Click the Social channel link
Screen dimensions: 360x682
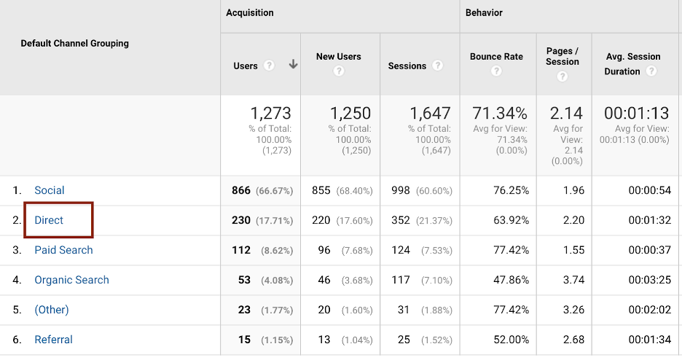(x=50, y=190)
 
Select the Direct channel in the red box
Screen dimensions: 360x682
(x=50, y=220)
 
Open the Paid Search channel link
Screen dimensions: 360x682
(x=64, y=250)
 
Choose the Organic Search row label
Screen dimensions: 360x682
(x=72, y=280)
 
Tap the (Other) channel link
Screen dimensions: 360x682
(x=52, y=310)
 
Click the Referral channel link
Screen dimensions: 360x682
(x=54, y=340)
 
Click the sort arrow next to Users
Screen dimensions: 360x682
(x=293, y=65)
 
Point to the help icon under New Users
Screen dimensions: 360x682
(x=338, y=71)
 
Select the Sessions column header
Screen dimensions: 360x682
(x=407, y=66)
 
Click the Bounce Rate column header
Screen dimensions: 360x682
(x=496, y=56)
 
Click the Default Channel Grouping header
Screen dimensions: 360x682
(x=74, y=43)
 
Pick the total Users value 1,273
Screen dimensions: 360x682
(x=270, y=113)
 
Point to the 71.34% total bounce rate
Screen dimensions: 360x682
(x=499, y=113)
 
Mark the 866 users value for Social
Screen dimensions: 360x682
(x=241, y=190)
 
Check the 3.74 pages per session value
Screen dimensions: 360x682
(x=573, y=280)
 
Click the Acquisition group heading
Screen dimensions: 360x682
(x=250, y=12)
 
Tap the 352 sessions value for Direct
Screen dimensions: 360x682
(x=401, y=220)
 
